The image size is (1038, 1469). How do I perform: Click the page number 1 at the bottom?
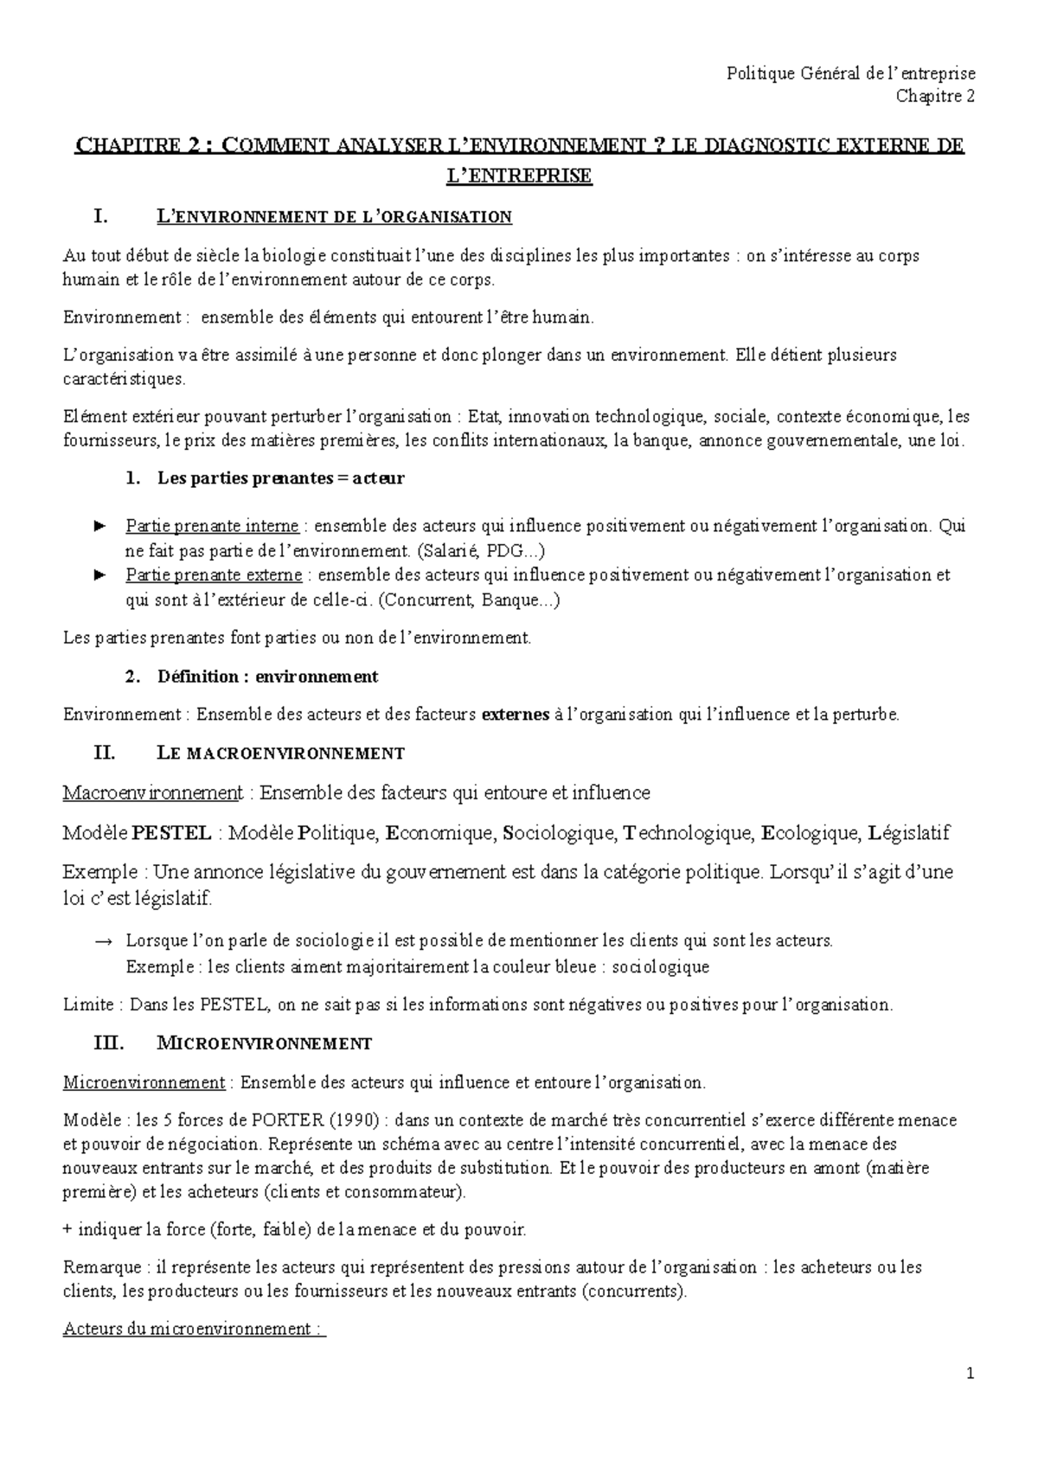pos(971,1373)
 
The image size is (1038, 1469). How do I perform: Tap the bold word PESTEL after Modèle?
pos(172,833)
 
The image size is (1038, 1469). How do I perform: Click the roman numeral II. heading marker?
pos(103,753)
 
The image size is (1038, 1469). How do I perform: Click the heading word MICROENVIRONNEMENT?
pos(264,1043)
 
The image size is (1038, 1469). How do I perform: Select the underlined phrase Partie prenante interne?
pos(212,526)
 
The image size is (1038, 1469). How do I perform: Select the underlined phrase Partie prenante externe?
pos(214,575)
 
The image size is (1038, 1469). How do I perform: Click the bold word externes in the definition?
pos(515,715)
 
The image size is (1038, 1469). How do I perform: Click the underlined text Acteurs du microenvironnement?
pos(194,1329)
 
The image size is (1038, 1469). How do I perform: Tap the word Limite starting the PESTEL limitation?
pos(88,1004)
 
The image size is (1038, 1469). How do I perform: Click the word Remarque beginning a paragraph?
pos(101,1267)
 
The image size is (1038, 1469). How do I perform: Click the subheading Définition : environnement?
pos(267,677)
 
